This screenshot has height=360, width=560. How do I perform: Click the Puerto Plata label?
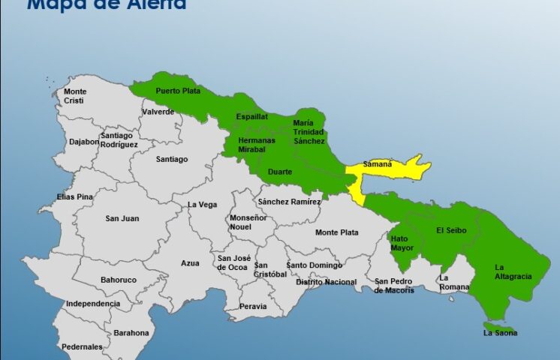(173, 91)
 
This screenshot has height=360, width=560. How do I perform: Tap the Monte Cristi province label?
(74, 96)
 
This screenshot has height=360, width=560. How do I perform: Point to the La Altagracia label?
(513, 271)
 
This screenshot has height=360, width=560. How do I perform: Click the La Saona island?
(500, 331)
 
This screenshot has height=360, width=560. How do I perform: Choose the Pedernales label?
(82, 346)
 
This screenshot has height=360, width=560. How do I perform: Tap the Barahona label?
(131, 333)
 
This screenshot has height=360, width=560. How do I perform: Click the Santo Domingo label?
(314, 265)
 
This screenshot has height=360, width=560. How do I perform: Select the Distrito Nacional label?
(326, 282)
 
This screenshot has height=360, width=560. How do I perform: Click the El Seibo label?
(451, 229)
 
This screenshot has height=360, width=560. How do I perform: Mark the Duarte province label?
(280, 172)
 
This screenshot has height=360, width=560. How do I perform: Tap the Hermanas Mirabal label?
(256, 144)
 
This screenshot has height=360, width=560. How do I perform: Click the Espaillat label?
(251, 117)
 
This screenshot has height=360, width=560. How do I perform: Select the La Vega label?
(202, 204)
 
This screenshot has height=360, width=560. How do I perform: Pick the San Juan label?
(122, 218)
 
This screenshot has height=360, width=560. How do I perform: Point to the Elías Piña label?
(74, 196)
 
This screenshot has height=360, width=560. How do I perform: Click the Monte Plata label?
(336, 232)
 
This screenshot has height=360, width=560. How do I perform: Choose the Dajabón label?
(84, 141)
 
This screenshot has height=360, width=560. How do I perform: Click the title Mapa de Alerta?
(107, 4)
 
